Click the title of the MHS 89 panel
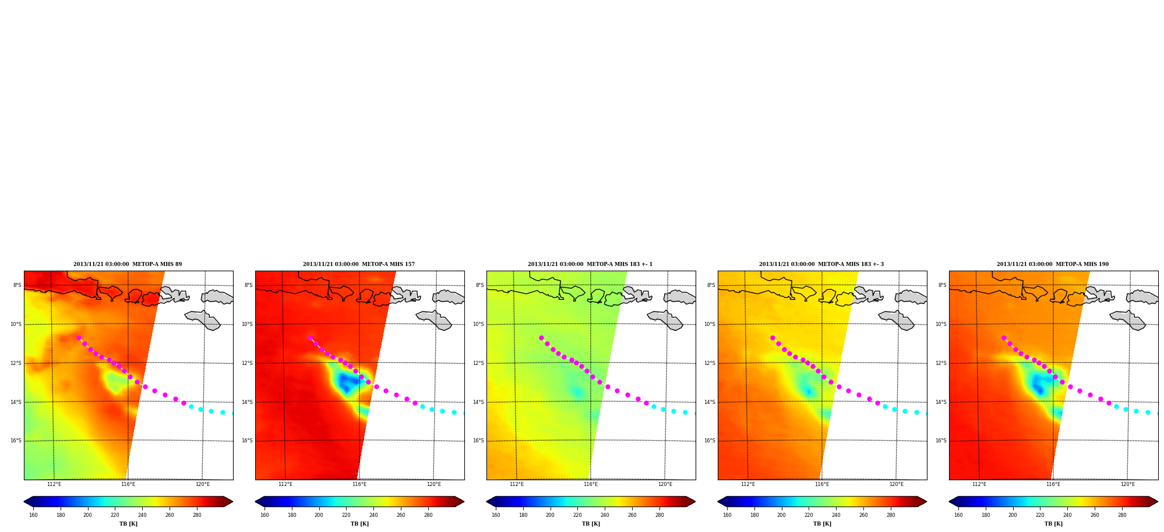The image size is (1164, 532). pos(128,264)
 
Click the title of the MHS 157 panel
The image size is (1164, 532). pos(359,264)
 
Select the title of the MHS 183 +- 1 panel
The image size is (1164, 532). pos(590,264)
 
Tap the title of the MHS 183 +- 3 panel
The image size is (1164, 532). pos(821,264)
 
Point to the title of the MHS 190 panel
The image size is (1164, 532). pos(1053,264)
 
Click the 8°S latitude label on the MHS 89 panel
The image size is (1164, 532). pos(17,285)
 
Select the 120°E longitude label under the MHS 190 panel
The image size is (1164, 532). pos(1128,484)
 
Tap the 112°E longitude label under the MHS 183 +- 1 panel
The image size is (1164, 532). pos(517,484)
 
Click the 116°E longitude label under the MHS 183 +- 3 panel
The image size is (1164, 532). pos(822,484)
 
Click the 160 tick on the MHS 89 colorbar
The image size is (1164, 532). pos(33,515)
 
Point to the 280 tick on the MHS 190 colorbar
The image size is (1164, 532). pos(1122,515)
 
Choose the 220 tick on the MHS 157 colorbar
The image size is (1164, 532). pos(346,515)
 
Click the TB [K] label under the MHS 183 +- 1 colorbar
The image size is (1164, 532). pos(591,524)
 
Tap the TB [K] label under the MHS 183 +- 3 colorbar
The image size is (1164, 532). pos(822,524)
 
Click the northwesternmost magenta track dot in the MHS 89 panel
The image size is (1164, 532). pos(79,338)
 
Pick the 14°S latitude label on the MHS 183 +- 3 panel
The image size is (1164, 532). pos(710,402)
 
